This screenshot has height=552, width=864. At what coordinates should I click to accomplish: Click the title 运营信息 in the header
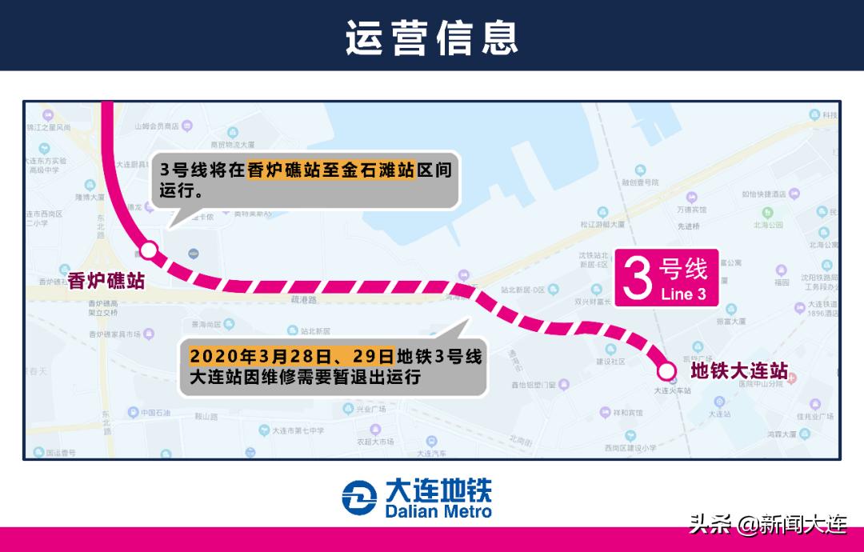click(x=432, y=37)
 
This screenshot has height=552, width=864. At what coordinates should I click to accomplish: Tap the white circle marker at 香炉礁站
click(x=149, y=250)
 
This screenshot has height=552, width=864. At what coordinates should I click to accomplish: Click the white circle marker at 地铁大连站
click(x=666, y=370)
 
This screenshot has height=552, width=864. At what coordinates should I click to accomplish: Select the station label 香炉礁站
click(x=106, y=280)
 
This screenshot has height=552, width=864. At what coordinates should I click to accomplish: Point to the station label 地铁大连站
click(x=738, y=371)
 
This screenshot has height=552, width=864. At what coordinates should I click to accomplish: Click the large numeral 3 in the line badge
click(x=639, y=279)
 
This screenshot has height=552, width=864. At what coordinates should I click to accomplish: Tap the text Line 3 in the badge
click(x=683, y=294)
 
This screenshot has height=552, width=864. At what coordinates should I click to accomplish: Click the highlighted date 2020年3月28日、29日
click(x=292, y=356)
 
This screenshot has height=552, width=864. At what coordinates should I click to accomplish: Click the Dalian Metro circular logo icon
click(x=359, y=498)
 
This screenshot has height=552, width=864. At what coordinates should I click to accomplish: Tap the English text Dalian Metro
click(x=438, y=510)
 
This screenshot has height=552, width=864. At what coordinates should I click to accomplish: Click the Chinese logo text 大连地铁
click(x=438, y=490)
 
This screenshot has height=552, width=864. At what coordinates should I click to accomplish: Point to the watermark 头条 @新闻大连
click(x=767, y=526)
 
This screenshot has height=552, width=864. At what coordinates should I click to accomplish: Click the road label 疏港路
click(x=305, y=299)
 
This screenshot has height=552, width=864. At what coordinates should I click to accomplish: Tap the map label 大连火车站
click(x=672, y=390)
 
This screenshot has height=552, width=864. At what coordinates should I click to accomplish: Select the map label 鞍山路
click(x=206, y=417)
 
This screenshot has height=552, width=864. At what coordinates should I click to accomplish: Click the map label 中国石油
click(x=146, y=413)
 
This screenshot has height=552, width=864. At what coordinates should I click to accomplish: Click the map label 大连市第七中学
click(x=298, y=430)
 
